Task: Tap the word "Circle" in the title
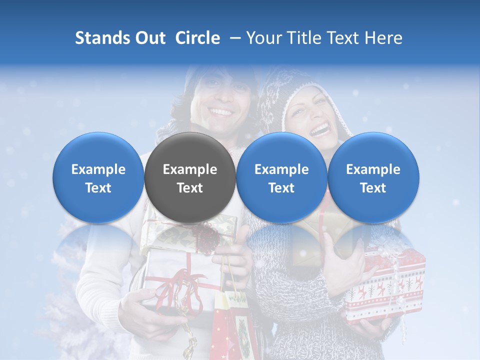(197, 38)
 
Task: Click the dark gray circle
(190, 177)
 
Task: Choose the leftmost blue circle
(98, 177)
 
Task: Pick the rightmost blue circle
(373, 177)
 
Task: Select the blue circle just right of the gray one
(281, 177)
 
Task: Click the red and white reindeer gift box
(385, 285)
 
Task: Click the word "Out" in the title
(150, 38)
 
